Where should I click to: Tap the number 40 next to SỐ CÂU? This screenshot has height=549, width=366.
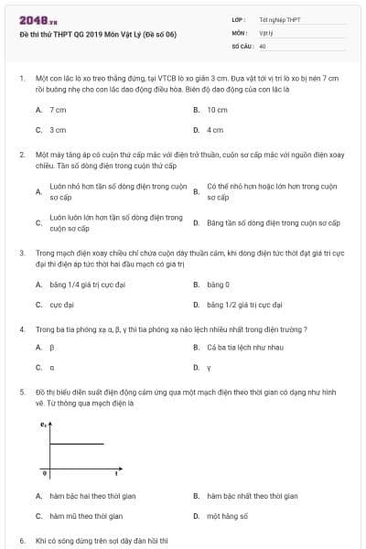point(263,45)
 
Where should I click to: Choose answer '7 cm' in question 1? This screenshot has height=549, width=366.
point(58,110)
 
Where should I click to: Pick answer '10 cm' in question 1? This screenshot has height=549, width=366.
point(217,110)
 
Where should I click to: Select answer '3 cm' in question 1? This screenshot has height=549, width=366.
point(58,130)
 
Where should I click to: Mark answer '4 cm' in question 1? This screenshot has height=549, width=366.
point(215,130)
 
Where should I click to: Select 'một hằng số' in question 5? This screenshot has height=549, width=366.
point(226,516)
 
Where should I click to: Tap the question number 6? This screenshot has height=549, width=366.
point(21,541)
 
